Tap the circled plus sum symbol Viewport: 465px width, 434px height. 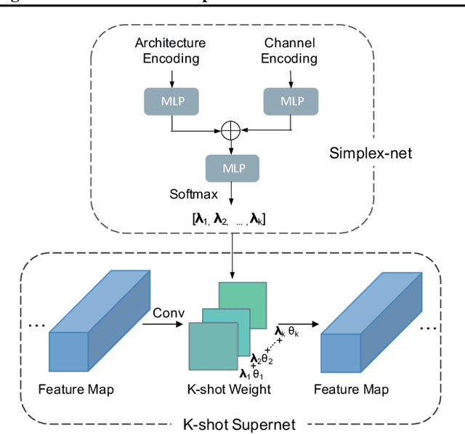click(230, 131)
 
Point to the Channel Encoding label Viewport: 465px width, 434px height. click(290, 50)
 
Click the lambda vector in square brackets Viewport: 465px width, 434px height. click(230, 217)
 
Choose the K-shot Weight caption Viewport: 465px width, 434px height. click(230, 390)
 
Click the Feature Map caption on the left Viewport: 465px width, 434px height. click(76, 390)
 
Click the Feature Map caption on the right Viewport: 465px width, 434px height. click(351, 390)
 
